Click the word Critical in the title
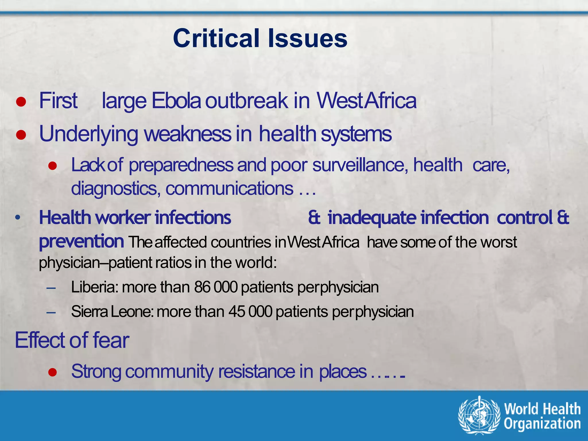click(x=216, y=38)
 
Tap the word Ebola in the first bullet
click(x=176, y=101)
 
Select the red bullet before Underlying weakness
click(x=21, y=135)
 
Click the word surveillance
click(x=360, y=165)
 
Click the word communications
click(x=229, y=189)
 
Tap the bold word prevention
click(x=82, y=241)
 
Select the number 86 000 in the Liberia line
click(x=216, y=287)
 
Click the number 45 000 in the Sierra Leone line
click(x=250, y=312)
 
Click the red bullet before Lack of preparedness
click(x=53, y=166)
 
